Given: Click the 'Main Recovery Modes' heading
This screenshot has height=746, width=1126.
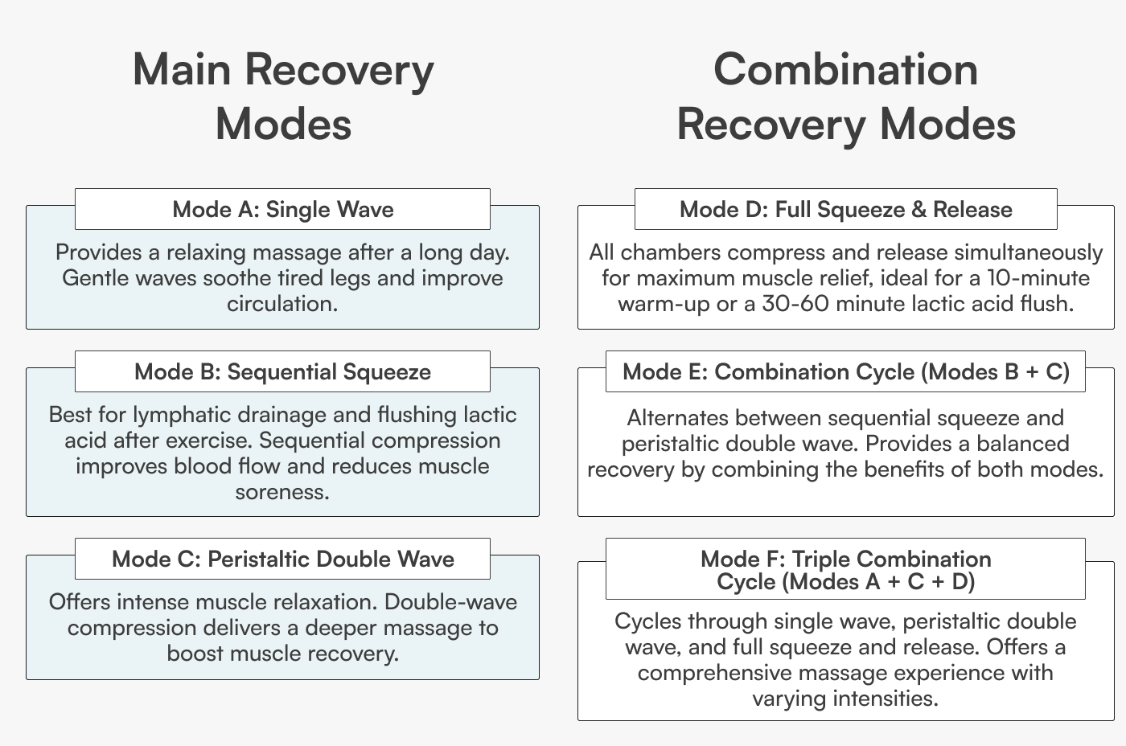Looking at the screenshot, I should pos(283,96).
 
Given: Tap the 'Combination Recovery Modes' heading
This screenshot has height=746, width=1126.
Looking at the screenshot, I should pos(845,96).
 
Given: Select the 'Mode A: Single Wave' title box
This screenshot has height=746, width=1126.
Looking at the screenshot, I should pos(282,210).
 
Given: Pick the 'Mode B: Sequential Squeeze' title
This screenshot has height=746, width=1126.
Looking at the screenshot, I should pos(282,372).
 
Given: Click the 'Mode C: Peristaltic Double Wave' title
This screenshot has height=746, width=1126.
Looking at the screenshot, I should pos(282,559).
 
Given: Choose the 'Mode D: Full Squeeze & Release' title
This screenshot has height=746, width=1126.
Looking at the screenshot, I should pos(845,210).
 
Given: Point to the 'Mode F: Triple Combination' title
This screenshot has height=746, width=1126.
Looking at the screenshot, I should pos(845,559).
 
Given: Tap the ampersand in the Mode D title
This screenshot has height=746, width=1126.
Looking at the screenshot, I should pos(918,210).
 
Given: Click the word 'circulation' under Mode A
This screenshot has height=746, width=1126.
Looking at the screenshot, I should pos(279,304).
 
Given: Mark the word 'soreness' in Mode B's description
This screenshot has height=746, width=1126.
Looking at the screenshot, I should pos(281,492).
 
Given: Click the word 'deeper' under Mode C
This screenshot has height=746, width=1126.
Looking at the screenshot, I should pos(343,628).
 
